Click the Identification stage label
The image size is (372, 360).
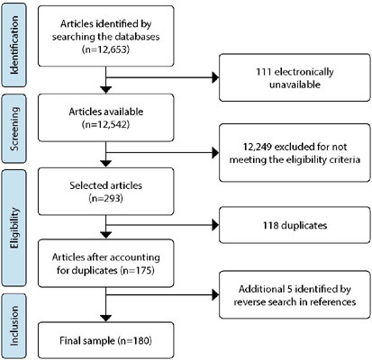coord(14,45)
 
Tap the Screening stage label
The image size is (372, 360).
coord(14,129)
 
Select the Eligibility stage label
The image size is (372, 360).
coord(14,228)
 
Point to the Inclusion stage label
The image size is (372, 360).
coord(14,326)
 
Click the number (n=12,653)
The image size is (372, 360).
coord(106,49)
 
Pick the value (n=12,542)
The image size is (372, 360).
coord(106,124)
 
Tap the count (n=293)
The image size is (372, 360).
coord(106,198)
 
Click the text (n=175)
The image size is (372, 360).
coord(137,270)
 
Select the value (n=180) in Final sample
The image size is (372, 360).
coord(134,341)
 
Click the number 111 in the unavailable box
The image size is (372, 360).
coord(263,72)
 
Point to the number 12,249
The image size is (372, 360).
coord(258,147)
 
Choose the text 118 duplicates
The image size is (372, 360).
coord(295,225)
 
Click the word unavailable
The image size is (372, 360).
coord(295,85)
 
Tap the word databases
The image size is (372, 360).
coord(132,37)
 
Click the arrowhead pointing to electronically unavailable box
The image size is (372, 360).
coord(216,77)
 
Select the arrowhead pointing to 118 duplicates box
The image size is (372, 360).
coord(216,225)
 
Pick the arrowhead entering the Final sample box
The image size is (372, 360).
coord(105,319)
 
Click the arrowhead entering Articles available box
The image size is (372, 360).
coord(105,90)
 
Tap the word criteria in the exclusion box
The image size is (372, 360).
coord(345,159)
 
